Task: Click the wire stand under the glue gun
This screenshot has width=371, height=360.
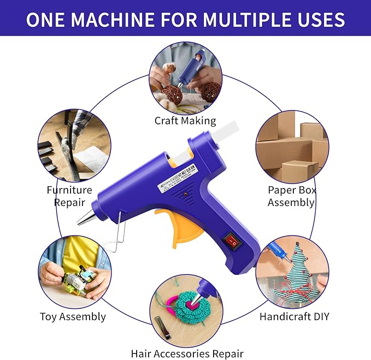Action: (x=116, y=236)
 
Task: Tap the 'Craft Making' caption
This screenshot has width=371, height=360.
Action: (x=185, y=121)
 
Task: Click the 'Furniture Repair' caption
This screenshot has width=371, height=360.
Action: (x=69, y=196)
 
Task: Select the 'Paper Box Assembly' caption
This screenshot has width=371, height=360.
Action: (x=291, y=196)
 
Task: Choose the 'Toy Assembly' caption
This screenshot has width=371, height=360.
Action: (x=73, y=316)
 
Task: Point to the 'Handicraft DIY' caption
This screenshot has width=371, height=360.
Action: (x=295, y=316)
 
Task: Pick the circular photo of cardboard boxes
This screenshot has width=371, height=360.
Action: (x=292, y=147)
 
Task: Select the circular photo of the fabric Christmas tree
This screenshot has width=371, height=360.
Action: (x=292, y=272)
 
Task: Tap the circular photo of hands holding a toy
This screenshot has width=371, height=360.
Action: (x=75, y=272)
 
